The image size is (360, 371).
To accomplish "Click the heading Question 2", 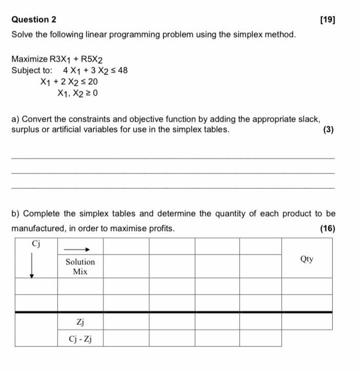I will tap(34, 19).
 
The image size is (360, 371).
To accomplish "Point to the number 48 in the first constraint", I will tap(123, 70).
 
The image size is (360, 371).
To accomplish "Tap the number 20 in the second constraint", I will tap(93, 82).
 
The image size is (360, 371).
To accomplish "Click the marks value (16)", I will tap(327, 228).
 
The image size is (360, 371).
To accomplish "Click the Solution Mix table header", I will tap(80, 266).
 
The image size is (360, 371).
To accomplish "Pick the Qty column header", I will tap(307, 260).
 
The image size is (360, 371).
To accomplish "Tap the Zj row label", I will tap(80, 322).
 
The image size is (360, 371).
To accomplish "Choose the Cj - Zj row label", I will tap(80, 338).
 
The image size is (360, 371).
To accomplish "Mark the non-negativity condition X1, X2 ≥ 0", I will tap(77, 93).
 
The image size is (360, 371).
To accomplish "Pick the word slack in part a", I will tap(308, 119).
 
